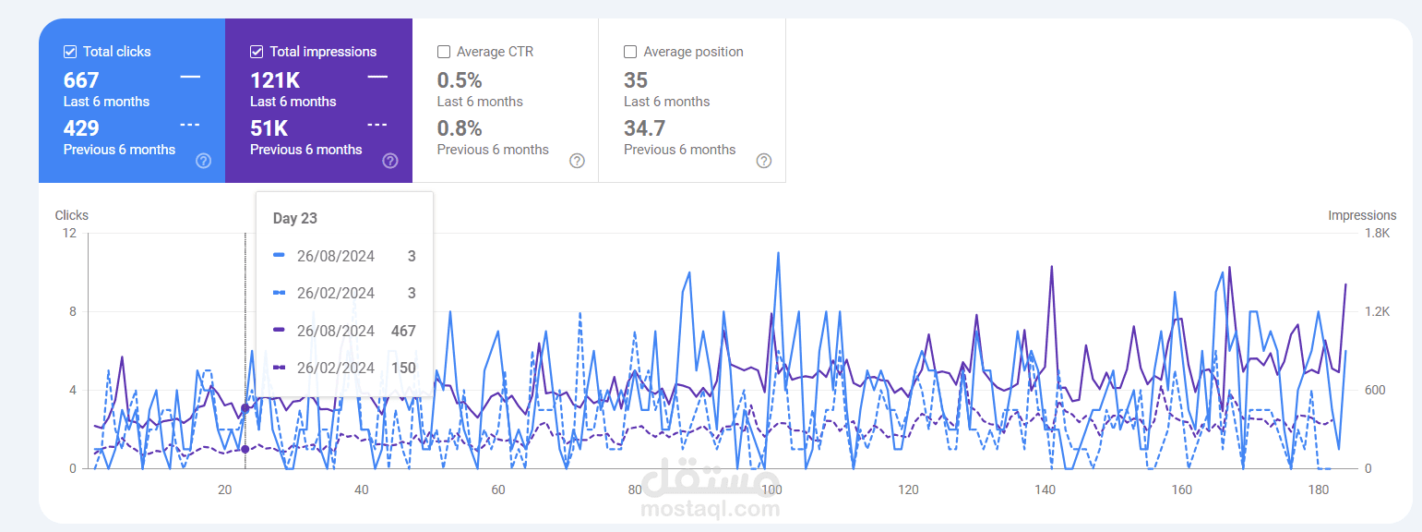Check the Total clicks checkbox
tap(70, 52)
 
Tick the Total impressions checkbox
tap(257, 52)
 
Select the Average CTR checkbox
tap(444, 52)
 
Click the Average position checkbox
tap(630, 52)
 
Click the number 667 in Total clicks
tap(81, 80)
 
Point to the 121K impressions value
tap(274, 80)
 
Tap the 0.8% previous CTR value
tap(459, 128)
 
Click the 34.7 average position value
tap(644, 128)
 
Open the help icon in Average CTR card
tap(577, 161)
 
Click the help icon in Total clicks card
tap(204, 161)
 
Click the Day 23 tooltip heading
tap(295, 218)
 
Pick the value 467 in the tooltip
tap(403, 331)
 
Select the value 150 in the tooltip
tap(403, 368)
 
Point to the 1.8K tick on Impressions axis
tap(1377, 234)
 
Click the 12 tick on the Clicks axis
tap(69, 234)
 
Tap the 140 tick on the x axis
tap(1046, 490)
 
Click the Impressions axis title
tap(1362, 215)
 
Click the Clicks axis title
tap(72, 215)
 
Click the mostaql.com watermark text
tap(711, 508)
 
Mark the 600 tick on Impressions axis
tap(1375, 391)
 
